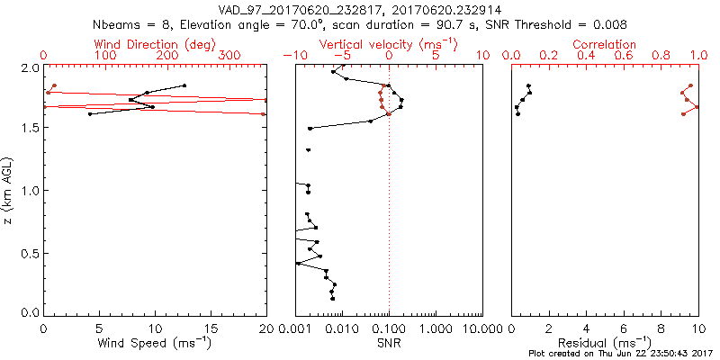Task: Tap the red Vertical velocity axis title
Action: pos(389,44)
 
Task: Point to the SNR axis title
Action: pos(389,343)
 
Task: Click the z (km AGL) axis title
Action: pos(10,190)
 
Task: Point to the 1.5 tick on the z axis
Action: pos(31,128)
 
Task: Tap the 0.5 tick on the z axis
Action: pos(31,253)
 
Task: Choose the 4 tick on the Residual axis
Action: pos(587,329)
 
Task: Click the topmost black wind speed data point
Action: pos(184,85)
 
